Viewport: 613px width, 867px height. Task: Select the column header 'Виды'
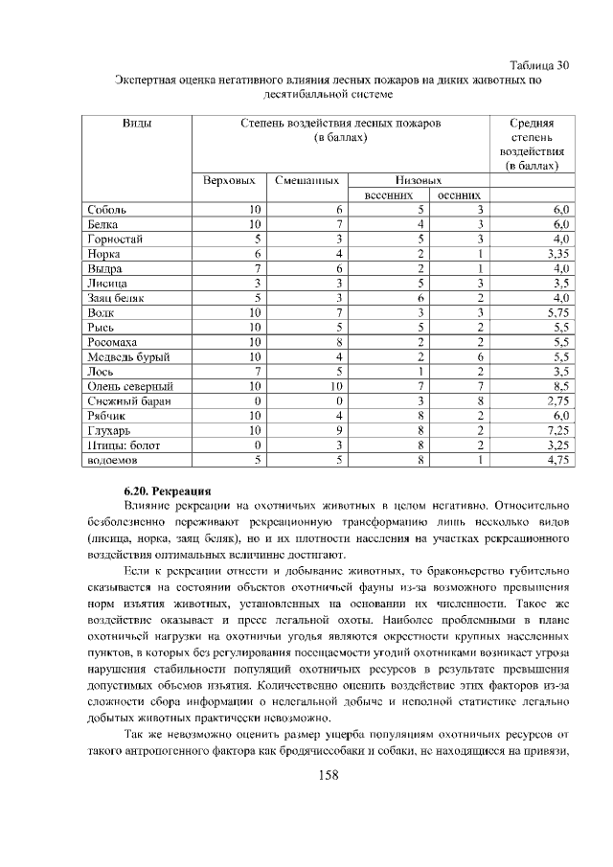(x=138, y=124)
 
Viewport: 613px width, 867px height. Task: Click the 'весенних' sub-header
(x=389, y=194)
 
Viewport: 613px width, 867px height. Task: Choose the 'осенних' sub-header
(x=458, y=194)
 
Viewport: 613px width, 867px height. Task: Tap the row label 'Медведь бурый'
(x=128, y=357)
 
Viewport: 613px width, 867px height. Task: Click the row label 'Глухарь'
(x=109, y=431)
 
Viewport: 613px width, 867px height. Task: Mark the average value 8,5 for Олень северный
(x=561, y=387)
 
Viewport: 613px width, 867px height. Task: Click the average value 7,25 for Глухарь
(x=558, y=431)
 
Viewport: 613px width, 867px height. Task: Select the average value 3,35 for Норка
(x=558, y=254)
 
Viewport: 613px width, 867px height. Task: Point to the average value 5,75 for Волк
(x=558, y=312)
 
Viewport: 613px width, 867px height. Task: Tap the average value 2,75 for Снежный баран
(x=558, y=401)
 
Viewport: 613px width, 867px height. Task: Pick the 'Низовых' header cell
(x=418, y=180)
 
